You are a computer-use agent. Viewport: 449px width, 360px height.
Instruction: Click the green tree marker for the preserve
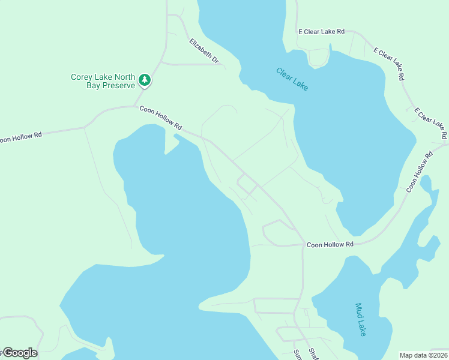point(144,80)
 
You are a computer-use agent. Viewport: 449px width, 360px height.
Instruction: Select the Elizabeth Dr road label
point(204,52)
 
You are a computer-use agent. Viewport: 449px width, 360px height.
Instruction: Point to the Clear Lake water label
point(292,79)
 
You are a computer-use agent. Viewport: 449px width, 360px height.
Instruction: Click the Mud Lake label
point(360,319)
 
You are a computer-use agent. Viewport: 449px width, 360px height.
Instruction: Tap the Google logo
point(19,353)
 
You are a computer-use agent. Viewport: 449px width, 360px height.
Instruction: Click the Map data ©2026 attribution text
point(424,355)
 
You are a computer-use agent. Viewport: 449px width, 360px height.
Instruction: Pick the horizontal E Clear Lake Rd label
point(322,31)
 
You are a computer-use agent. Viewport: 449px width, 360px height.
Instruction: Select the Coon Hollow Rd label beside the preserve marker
point(160,118)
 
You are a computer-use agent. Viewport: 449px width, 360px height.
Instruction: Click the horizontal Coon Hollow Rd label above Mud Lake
point(330,245)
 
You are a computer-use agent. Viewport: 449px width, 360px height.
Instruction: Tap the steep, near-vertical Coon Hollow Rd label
point(419,172)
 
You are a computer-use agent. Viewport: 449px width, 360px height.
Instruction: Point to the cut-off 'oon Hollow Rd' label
point(21,137)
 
